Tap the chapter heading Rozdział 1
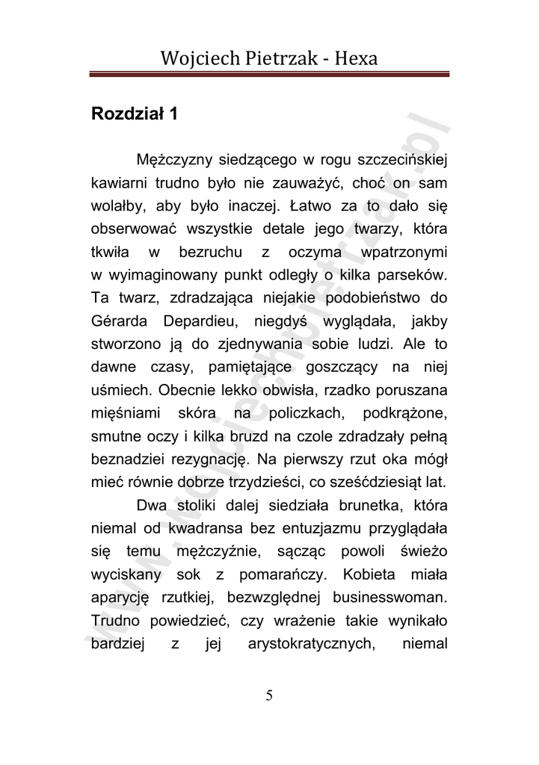pyautogui.click(x=134, y=116)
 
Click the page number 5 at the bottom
pyautogui.click(x=269, y=696)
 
